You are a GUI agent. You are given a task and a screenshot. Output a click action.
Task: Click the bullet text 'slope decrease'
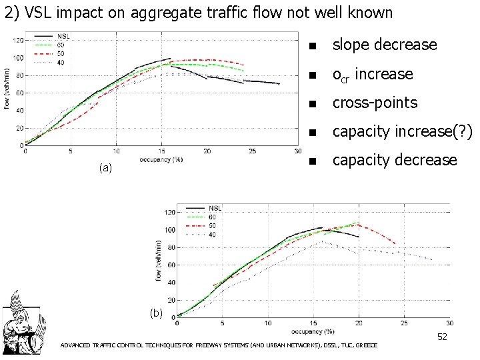point(385,45)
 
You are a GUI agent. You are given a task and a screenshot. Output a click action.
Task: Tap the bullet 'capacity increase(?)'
point(402,131)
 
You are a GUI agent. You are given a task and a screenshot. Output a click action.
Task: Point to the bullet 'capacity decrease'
point(395,160)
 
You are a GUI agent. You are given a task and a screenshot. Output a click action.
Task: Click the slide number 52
point(442,337)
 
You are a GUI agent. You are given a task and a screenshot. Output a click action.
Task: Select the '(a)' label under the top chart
point(105,169)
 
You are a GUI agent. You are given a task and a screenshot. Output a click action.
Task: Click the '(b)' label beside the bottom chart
point(155,313)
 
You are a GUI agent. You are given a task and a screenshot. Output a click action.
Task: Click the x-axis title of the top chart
point(161,159)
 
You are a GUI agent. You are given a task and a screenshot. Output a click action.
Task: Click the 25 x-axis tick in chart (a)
point(253,152)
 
